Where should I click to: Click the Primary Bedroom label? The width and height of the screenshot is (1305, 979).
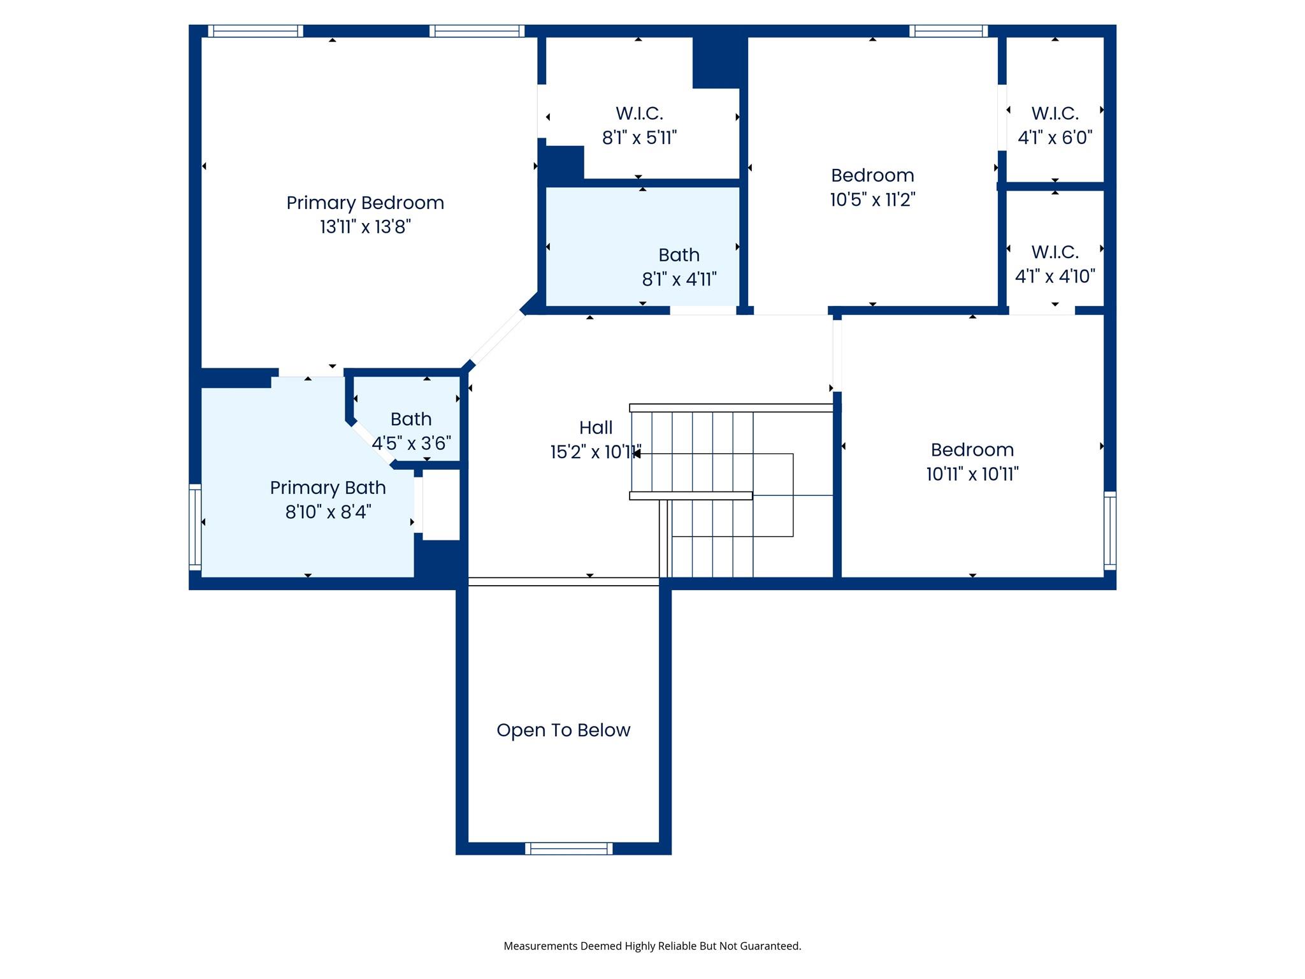pyautogui.click(x=365, y=203)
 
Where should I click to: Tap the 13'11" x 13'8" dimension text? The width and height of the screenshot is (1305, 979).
pyautogui.click(x=365, y=227)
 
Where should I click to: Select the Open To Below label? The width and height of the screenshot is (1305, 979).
pyautogui.click(x=563, y=730)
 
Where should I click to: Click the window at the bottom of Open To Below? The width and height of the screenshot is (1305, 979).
pyautogui.click(x=568, y=848)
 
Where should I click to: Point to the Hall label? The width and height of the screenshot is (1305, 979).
pyautogui.click(x=596, y=428)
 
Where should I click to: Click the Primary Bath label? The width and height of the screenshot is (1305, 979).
pyautogui.click(x=328, y=488)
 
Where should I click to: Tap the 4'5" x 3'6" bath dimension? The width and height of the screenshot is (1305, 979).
pyautogui.click(x=412, y=443)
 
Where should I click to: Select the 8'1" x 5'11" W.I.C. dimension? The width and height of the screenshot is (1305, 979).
pyautogui.click(x=639, y=138)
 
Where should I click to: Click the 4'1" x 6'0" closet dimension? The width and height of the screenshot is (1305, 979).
pyautogui.click(x=1055, y=138)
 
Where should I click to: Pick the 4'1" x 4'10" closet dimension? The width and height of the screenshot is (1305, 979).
pyautogui.click(x=1055, y=277)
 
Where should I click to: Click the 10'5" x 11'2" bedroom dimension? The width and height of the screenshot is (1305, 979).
pyautogui.click(x=872, y=200)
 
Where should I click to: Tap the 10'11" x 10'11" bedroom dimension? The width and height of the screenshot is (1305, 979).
pyautogui.click(x=972, y=474)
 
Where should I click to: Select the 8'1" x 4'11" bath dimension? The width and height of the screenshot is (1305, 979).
pyautogui.click(x=679, y=279)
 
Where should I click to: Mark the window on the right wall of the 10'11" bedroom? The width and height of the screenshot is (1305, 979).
pyautogui.click(x=1109, y=530)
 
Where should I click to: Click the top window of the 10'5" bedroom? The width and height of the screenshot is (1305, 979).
pyautogui.click(x=948, y=31)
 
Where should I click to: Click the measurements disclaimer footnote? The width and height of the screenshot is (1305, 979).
pyautogui.click(x=652, y=946)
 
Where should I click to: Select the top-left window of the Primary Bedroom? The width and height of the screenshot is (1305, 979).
pyautogui.click(x=256, y=31)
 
